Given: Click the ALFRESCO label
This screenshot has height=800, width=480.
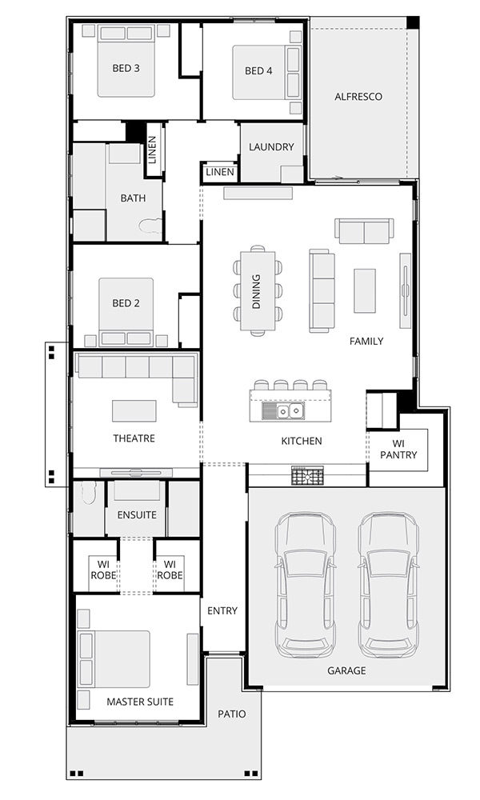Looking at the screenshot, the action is tap(358, 97).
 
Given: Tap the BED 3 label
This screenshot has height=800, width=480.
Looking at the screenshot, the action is tap(126, 68).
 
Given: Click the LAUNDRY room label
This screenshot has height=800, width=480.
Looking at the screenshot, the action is tap(271, 147).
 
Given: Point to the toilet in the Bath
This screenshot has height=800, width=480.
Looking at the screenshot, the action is tap(150, 226).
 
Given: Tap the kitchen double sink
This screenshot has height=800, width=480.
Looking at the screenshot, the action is tap(283, 410).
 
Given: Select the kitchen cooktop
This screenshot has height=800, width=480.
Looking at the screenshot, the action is tap(307, 475).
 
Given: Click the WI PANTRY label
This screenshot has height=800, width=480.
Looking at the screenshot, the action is tap(399, 450).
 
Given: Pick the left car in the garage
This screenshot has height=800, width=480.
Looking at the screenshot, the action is tap(305, 585).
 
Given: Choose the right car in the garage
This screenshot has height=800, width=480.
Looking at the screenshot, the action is tap(388, 585).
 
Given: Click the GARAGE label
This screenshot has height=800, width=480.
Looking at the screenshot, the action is tap(346, 670).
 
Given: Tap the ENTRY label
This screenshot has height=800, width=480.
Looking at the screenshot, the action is tap(222, 610).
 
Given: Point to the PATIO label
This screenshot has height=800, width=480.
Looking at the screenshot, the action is tap(231, 714).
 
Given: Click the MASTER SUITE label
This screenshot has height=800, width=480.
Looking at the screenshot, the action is tap(140, 702).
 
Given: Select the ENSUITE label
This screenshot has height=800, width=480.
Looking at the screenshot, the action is tap(137, 514).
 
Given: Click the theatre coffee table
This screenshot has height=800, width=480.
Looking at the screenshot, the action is tap(134, 410).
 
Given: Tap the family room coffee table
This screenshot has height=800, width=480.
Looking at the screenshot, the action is tap(365, 291).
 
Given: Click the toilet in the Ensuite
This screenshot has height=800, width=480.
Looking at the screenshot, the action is tap(89, 492).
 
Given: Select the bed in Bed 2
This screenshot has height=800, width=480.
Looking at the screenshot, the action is tap(126, 311).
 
